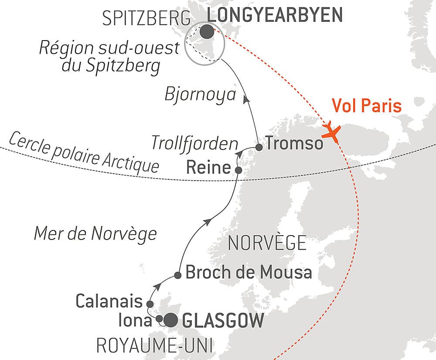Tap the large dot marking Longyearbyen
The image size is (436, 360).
pos(207,31)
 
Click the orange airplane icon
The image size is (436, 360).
pos(332,131)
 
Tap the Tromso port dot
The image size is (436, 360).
pos(259,147)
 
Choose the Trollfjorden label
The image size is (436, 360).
pos(194,143)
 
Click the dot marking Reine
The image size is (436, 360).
pos(238,169)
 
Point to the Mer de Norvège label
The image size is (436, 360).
pos(95,233)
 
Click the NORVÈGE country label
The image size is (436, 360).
pos(267,243)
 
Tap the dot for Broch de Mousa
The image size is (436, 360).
pos(178,275)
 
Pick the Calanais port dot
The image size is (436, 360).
pos(150,304)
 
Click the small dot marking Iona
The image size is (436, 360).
pos(160,318)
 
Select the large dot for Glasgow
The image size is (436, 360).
pos(170,321)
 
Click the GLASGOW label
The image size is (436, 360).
pos(223,321)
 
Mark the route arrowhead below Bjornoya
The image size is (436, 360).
pos(247,99)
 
